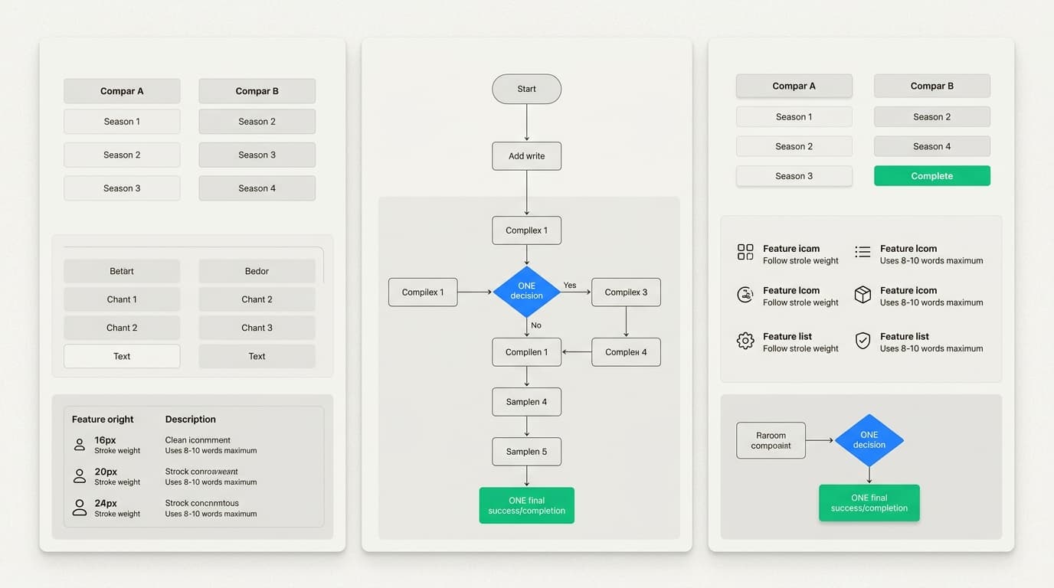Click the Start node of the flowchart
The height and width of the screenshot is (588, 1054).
[526, 89]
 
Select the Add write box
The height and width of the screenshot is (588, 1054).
[526, 156]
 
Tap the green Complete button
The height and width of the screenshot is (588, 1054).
[931, 176]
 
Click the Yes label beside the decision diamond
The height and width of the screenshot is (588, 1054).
[570, 286]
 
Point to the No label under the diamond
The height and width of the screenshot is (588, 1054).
[536, 325]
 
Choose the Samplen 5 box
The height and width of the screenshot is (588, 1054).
[526, 452]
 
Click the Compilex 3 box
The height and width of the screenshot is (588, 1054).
[626, 292]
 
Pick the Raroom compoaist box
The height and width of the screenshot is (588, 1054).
[771, 440]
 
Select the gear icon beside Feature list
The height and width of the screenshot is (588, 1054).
[745, 341]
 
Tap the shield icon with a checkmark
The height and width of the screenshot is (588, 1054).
[863, 341]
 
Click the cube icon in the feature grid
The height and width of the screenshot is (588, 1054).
[863, 295]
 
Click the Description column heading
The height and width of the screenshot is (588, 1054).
[190, 420]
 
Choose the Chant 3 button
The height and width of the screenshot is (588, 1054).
[257, 328]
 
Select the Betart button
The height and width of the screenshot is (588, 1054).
[122, 271]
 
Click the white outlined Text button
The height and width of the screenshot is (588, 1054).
[122, 356]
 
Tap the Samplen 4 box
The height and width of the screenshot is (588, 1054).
[526, 402]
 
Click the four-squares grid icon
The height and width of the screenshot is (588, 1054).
[745, 253]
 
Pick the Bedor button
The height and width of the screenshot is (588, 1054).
[257, 271]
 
